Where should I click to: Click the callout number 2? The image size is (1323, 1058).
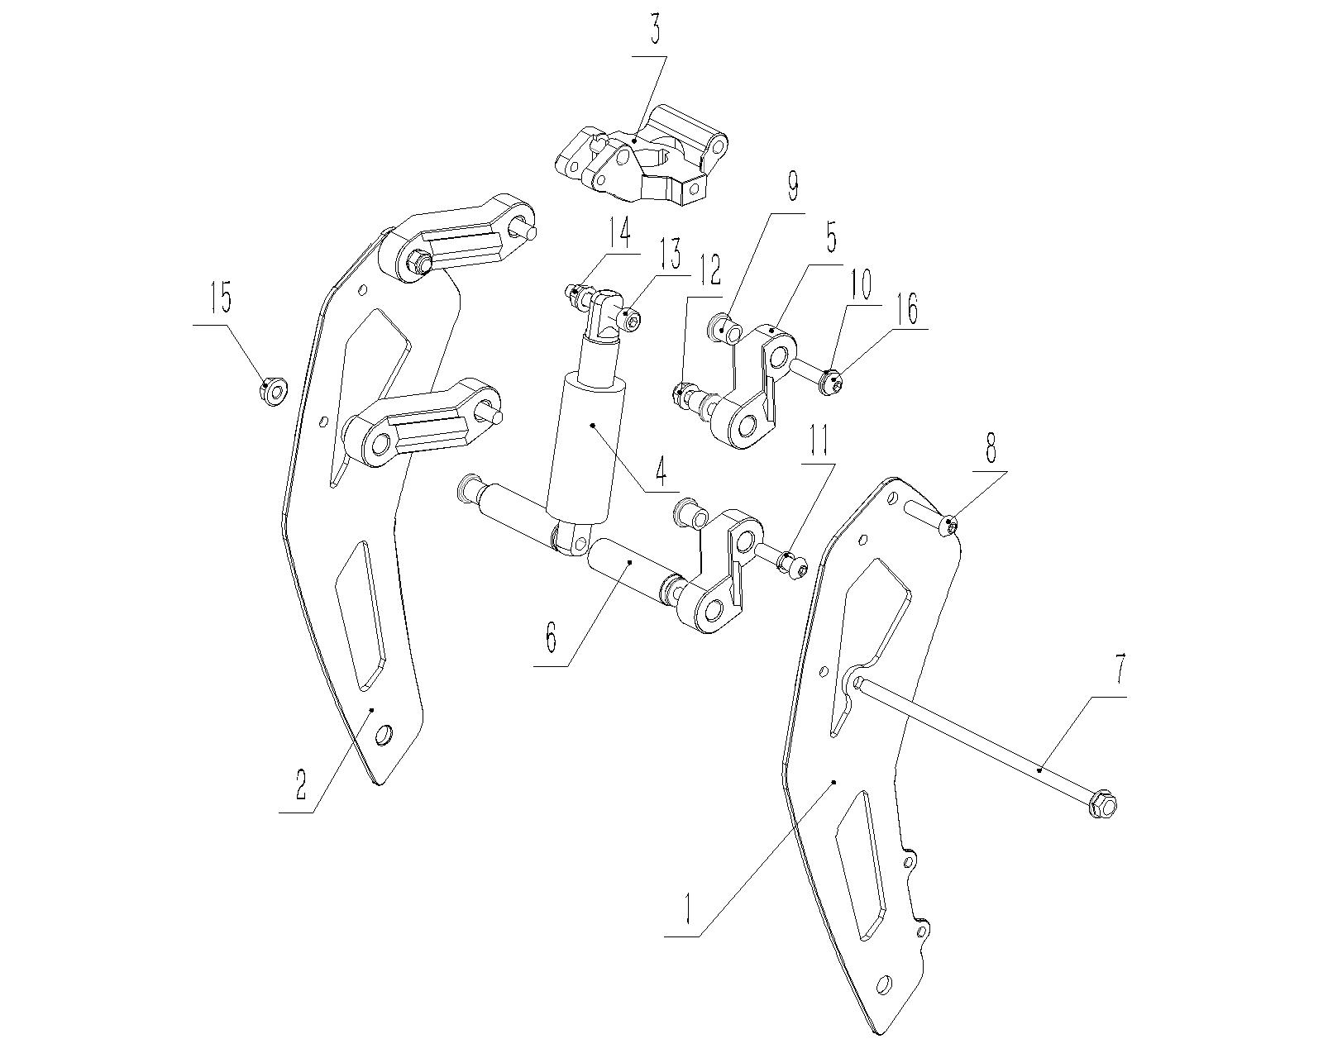pyautogui.click(x=300, y=784)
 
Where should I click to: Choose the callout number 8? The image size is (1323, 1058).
pyautogui.click(x=990, y=450)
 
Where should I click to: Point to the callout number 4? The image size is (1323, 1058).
pyautogui.click(x=660, y=469)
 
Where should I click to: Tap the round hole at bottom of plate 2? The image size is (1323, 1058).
pyautogui.click(x=384, y=734)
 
